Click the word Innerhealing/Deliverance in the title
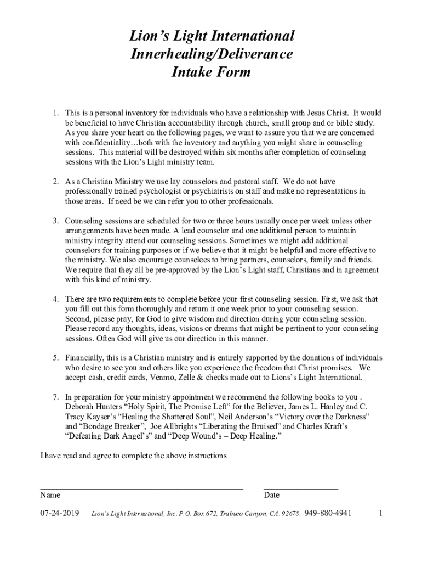[x=211, y=54]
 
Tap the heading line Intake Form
[x=211, y=72]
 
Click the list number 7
[x=55, y=396]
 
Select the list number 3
[x=55, y=221]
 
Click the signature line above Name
[x=141, y=487]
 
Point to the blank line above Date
[x=301, y=487]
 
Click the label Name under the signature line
[x=50, y=495]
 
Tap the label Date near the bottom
[x=271, y=495]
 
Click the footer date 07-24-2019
[x=60, y=513]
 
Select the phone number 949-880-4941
[x=328, y=513]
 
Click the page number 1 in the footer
[x=380, y=513]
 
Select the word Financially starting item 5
[x=84, y=358]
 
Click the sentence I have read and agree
[x=133, y=456]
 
